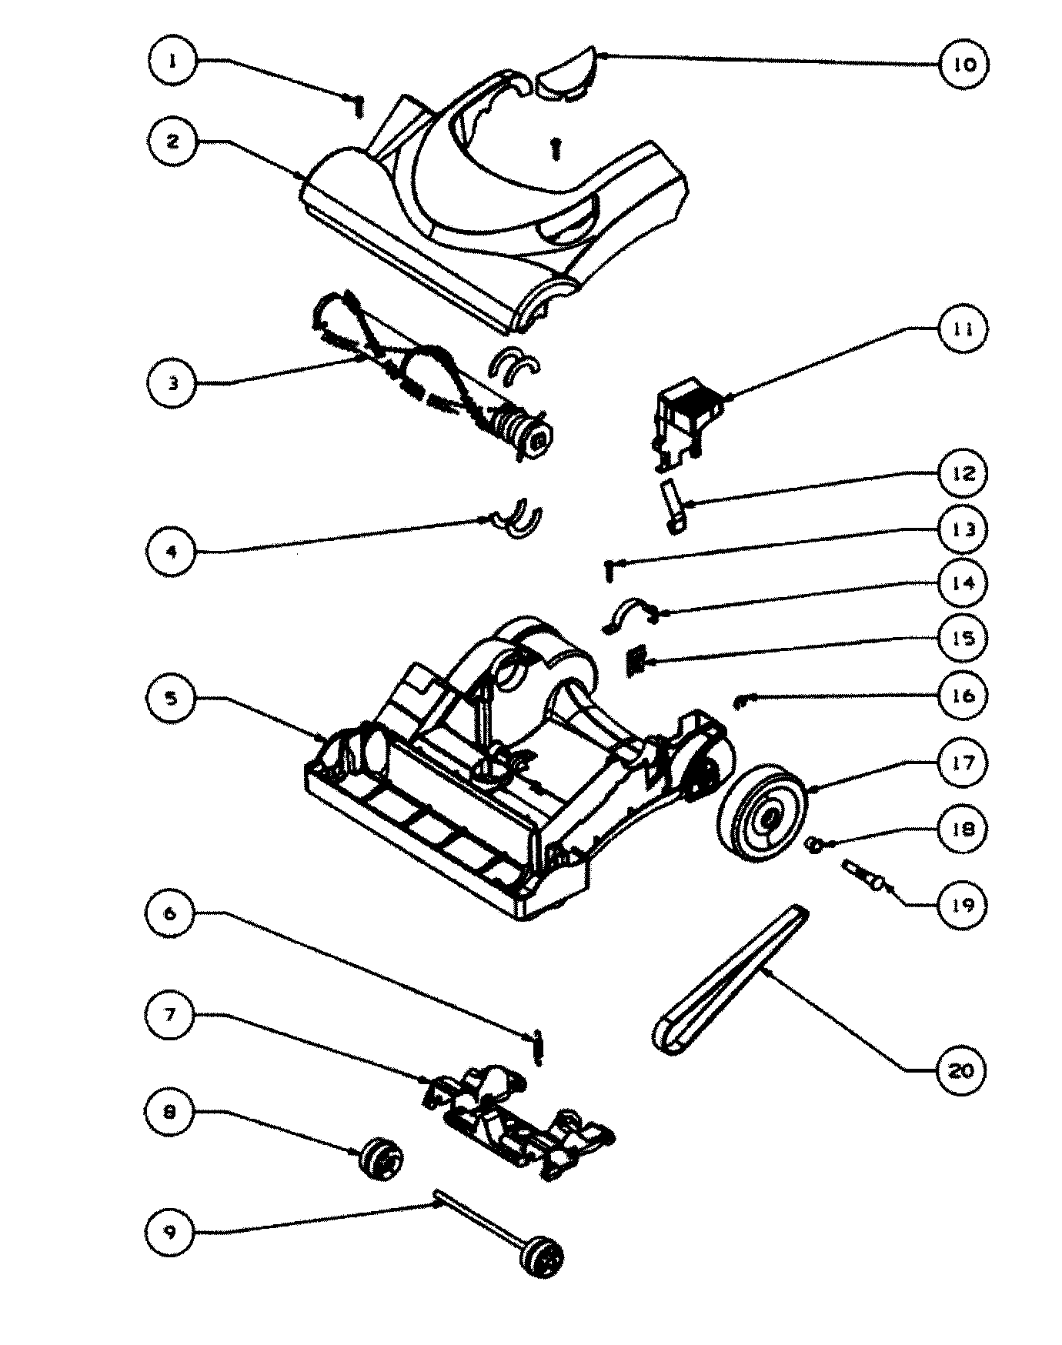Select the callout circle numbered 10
tap(963, 63)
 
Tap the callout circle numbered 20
tap(960, 1070)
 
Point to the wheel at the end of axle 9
tap(544, 1259)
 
